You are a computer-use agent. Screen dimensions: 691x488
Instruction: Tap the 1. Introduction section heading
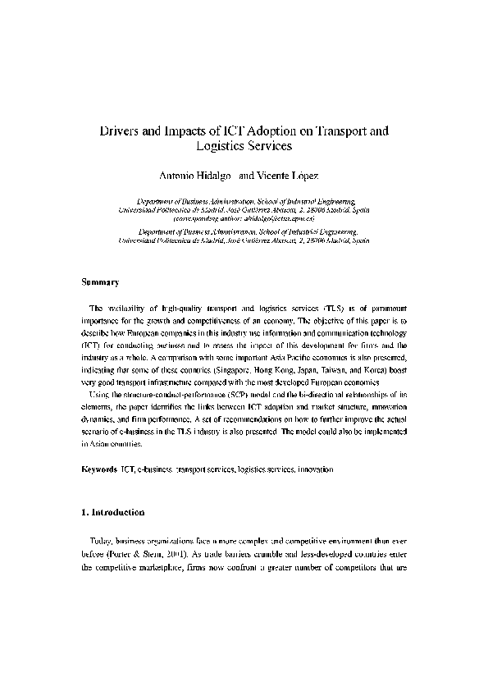tap(113, 513)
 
